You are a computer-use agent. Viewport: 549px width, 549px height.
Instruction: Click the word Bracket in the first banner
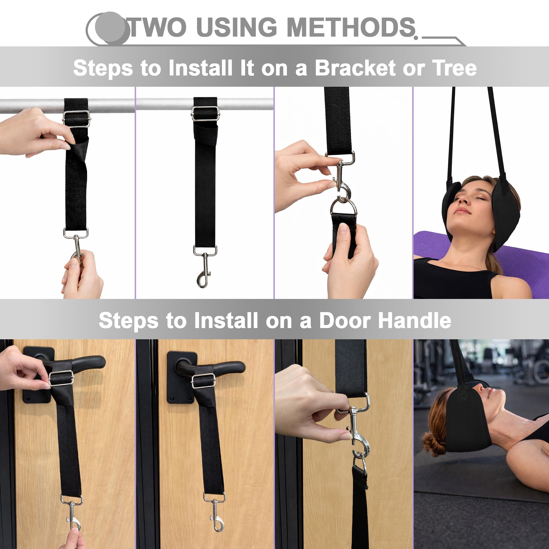point(355,68)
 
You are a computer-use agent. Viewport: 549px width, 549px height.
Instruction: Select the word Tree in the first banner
point(454,68)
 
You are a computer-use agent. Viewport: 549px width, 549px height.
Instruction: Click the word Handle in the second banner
point(414,320)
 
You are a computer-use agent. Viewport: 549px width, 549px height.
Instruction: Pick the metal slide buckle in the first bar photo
point(76,119)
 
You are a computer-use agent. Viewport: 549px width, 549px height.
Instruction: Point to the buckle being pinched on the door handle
point(61,378)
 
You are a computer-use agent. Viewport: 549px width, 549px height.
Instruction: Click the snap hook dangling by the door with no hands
point(215,511)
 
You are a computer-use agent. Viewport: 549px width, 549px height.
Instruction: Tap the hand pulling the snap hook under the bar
point(82,274)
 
